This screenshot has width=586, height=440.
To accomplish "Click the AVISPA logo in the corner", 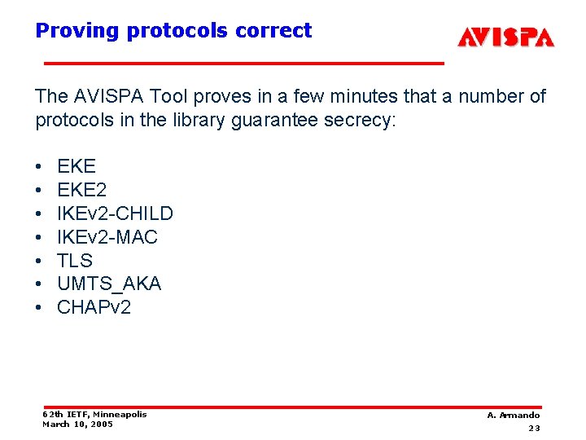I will click(505, 37).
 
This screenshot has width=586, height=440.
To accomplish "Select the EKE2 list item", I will click(81, 190).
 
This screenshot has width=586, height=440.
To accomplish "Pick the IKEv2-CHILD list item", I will click(115, 213).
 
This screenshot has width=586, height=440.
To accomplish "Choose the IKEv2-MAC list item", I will click(107, 237).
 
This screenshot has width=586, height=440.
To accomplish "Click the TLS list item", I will click(75, 261).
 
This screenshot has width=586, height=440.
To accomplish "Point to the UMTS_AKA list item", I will click(109, 284).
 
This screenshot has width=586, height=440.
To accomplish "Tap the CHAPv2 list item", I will click(94, 307).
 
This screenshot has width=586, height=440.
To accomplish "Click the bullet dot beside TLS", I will click(39, 262).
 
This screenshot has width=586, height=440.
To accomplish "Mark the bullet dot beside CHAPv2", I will click(39, 308).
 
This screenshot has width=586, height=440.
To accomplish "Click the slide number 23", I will click(534, 428).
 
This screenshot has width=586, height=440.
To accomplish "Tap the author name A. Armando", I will click(514, 416).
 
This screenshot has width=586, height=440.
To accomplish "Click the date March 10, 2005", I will click(77, 424).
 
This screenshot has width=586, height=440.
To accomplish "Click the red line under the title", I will click(243, 63).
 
